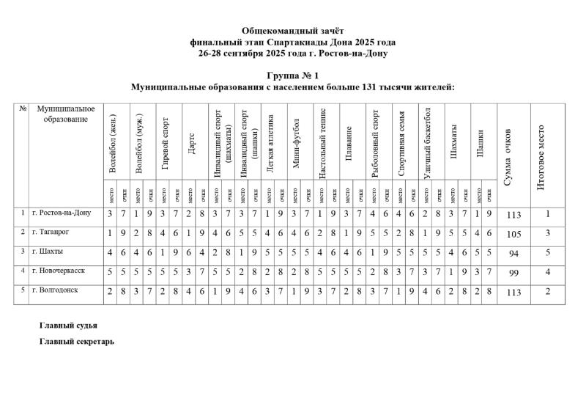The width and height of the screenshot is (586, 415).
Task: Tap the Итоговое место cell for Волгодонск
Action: coord(546,291)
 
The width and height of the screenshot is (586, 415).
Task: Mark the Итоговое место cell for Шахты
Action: coord(546,253)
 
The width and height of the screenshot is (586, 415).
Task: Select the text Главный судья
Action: coord(68,325)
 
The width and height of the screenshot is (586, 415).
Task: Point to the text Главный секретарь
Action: coord(77,341)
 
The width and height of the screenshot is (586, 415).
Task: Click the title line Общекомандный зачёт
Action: coord(292,31)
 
